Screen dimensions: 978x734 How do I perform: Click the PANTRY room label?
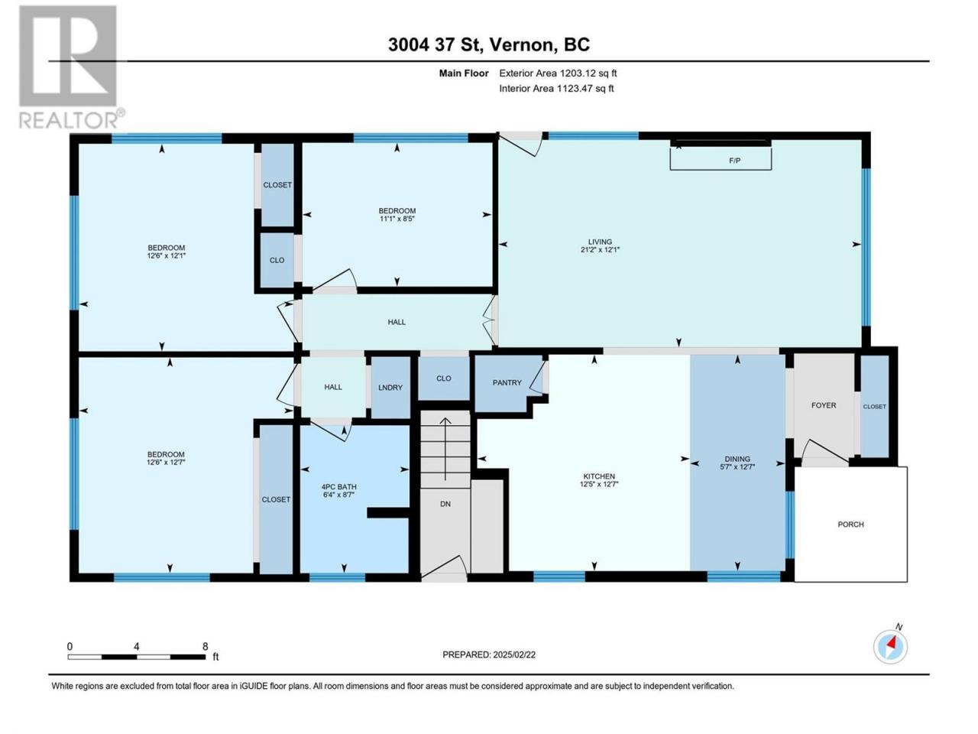(507, 382)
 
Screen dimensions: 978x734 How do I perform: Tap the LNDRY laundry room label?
(390, 388)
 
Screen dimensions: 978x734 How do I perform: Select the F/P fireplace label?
(735, 161)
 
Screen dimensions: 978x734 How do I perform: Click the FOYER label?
(824, 405)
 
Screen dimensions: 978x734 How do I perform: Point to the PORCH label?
(850, 524)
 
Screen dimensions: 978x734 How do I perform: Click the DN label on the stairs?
(445, 504)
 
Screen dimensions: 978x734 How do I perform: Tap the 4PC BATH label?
(338, 487)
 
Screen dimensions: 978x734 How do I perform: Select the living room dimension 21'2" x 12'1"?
(599, 250)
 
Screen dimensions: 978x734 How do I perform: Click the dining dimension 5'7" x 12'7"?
(737, 466)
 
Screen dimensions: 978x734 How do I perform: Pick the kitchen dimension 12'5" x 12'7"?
(599, 484)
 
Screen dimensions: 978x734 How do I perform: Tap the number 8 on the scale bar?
(205, 646)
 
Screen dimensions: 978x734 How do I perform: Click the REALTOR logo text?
(71, 120)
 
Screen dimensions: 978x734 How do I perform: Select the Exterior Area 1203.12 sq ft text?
(558, 73)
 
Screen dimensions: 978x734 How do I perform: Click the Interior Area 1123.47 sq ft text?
(556, 88)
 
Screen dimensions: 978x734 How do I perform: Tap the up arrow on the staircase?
(445, 450)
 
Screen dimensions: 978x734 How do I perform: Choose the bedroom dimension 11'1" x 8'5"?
(397, 219)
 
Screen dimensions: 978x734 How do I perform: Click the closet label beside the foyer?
(874, 407)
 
